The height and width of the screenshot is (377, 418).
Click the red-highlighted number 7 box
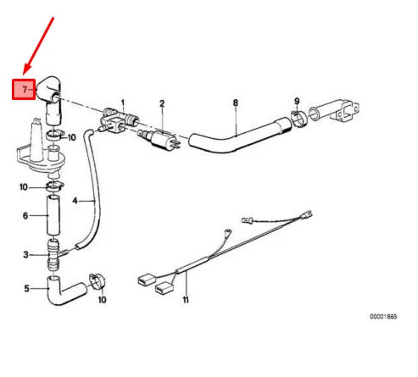23,88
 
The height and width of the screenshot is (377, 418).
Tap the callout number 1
122,102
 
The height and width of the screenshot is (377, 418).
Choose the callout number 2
161,104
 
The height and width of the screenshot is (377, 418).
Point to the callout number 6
25,216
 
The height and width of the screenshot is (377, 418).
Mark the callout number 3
25,254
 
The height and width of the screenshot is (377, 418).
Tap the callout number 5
25,288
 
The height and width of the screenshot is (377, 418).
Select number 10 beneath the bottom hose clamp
101,299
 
